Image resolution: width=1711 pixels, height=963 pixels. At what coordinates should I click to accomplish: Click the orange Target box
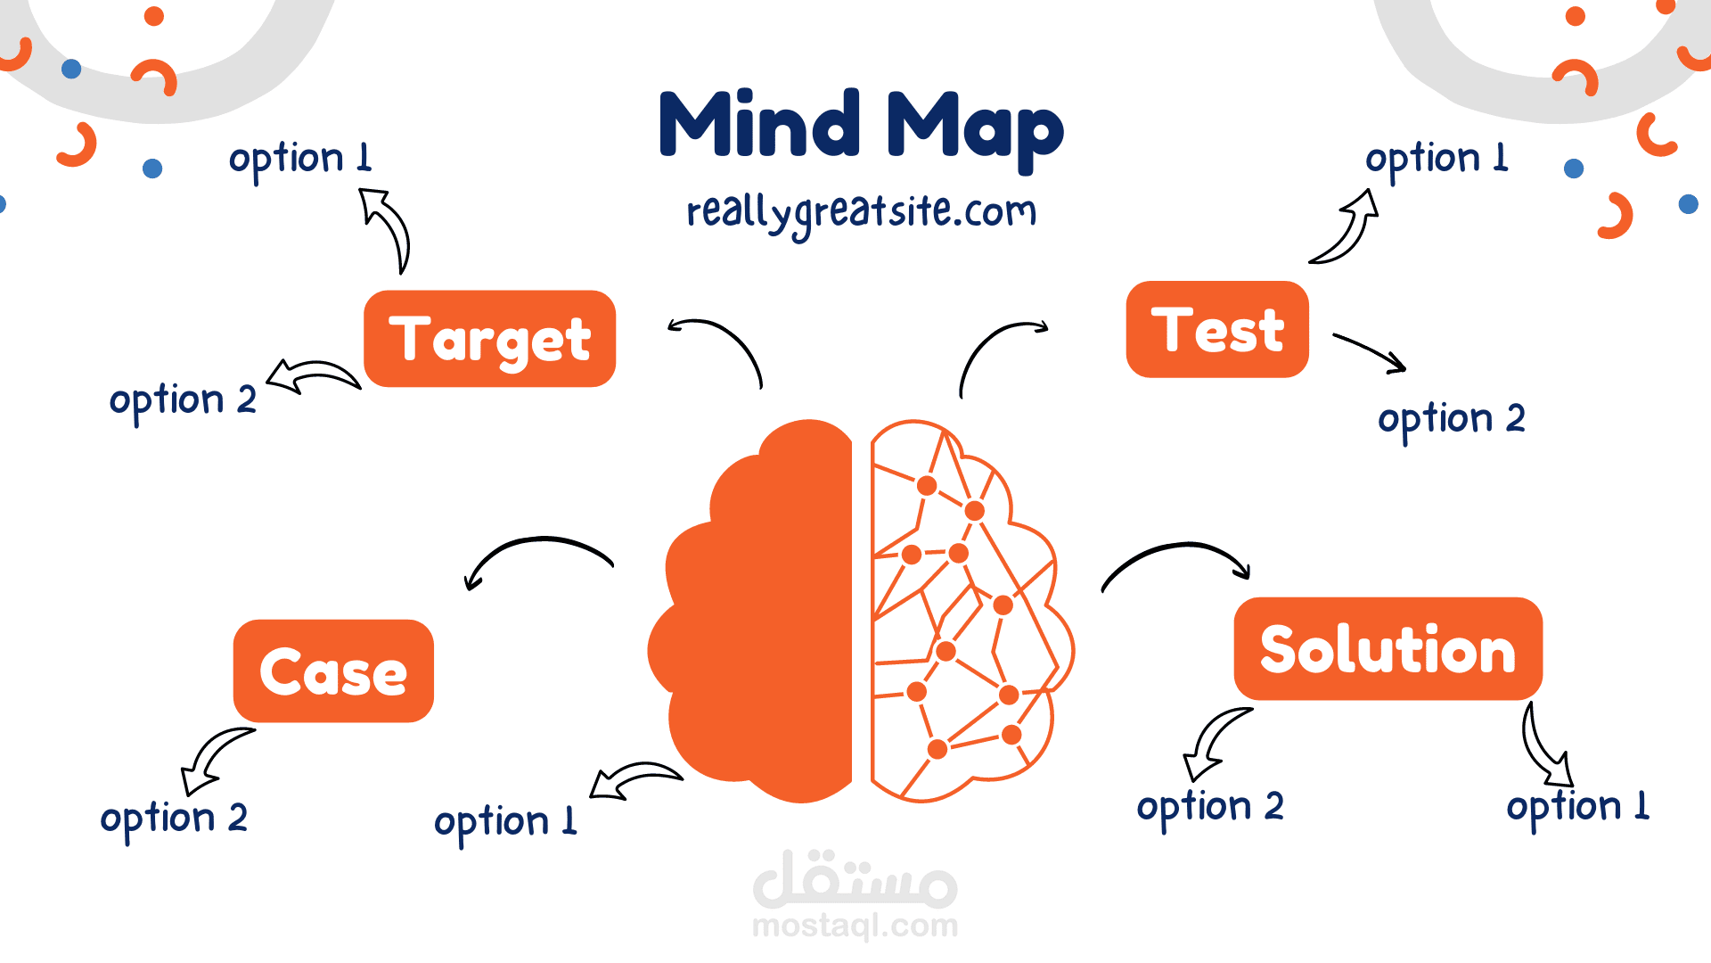click(x=489, y=339)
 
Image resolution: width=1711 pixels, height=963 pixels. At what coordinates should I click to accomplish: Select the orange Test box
click(x=1217, y=330)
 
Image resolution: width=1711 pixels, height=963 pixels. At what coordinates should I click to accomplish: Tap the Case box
click(x=333, y=671)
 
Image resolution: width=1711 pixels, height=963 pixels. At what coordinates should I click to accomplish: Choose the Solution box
click(x=1388, y=649)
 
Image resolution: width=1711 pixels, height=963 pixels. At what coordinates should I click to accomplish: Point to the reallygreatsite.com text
click(x=861, y=213)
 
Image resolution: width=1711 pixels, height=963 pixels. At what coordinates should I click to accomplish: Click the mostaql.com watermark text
click(x=855, y=926)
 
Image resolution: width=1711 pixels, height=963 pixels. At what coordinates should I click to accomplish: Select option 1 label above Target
click(x=300, y=160)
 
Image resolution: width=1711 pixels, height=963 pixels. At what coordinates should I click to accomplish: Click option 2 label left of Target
click(x=183, y=400)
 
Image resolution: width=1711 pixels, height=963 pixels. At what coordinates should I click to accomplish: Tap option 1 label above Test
click(x=1437, y=160)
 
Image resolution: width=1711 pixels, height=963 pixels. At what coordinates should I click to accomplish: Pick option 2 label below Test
click(x=1451, y=419)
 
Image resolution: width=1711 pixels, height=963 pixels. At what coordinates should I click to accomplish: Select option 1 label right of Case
click(x=505, y=821)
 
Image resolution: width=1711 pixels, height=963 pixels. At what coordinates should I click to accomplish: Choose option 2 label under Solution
click(x=1209, y=807)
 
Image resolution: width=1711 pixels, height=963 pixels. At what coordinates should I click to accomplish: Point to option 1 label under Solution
click(x=1577, y=807)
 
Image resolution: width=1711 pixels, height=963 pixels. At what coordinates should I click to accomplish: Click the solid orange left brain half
click(x=766, y=615)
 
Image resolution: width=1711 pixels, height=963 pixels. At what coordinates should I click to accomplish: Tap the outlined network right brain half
click(x=962, y=615)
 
